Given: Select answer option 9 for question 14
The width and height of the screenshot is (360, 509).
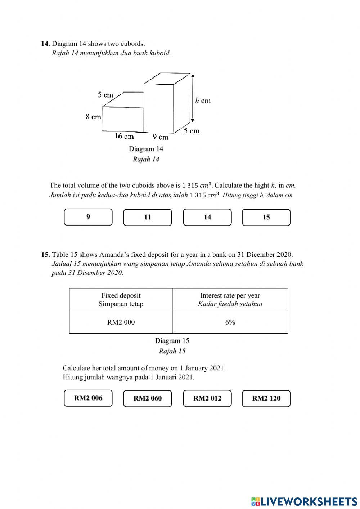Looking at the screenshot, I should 88,217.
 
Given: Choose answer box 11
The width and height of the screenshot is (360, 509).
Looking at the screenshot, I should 148,217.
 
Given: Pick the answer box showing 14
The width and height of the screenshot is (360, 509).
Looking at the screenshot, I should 207,217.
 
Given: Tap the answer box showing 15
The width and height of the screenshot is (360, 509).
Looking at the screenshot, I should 266,217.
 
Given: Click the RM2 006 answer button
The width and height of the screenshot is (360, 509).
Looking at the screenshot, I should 88,398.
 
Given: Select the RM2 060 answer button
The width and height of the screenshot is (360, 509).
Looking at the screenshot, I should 148,398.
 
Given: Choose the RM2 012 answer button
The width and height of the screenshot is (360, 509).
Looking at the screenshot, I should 207,398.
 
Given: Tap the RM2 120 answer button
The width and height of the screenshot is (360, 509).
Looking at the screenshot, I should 266,398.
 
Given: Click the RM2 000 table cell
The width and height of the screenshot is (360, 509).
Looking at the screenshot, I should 121,322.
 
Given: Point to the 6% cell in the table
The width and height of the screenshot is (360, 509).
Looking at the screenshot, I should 230,322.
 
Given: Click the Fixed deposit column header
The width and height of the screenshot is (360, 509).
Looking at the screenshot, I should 121,299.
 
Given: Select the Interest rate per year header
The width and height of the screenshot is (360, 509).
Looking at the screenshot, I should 230,299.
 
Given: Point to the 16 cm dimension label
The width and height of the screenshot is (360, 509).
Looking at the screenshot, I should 124,136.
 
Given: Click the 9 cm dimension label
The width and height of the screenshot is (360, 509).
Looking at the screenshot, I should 160,137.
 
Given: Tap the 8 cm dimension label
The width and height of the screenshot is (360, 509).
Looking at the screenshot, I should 93,117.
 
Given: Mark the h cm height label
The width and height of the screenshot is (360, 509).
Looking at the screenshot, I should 203,101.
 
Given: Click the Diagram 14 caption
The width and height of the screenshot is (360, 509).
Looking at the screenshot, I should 146,149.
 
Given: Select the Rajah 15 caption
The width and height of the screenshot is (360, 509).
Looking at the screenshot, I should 172,351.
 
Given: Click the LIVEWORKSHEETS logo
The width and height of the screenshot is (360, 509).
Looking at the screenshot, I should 304,501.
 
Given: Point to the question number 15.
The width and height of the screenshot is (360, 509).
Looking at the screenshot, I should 45,255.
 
